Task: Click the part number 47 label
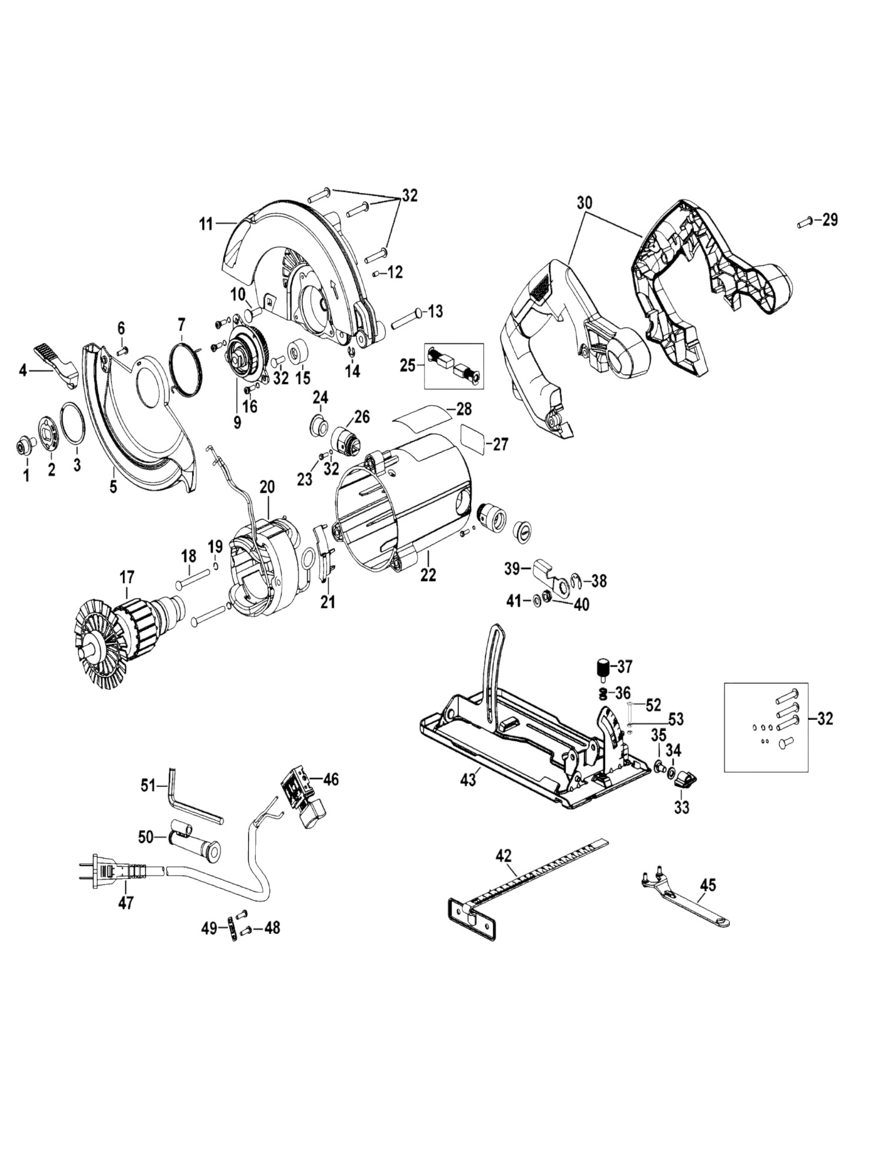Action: tap(126, 903)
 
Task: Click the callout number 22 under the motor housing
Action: tap(428, 574)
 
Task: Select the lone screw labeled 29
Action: tap(804, 222)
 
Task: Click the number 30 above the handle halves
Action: tap(584, 203)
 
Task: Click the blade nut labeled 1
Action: tap(24, 447)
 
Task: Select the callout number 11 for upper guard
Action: tap(205, 224)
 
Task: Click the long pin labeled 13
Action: tap(405, 320)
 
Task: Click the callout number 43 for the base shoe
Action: tap(467, 780)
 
